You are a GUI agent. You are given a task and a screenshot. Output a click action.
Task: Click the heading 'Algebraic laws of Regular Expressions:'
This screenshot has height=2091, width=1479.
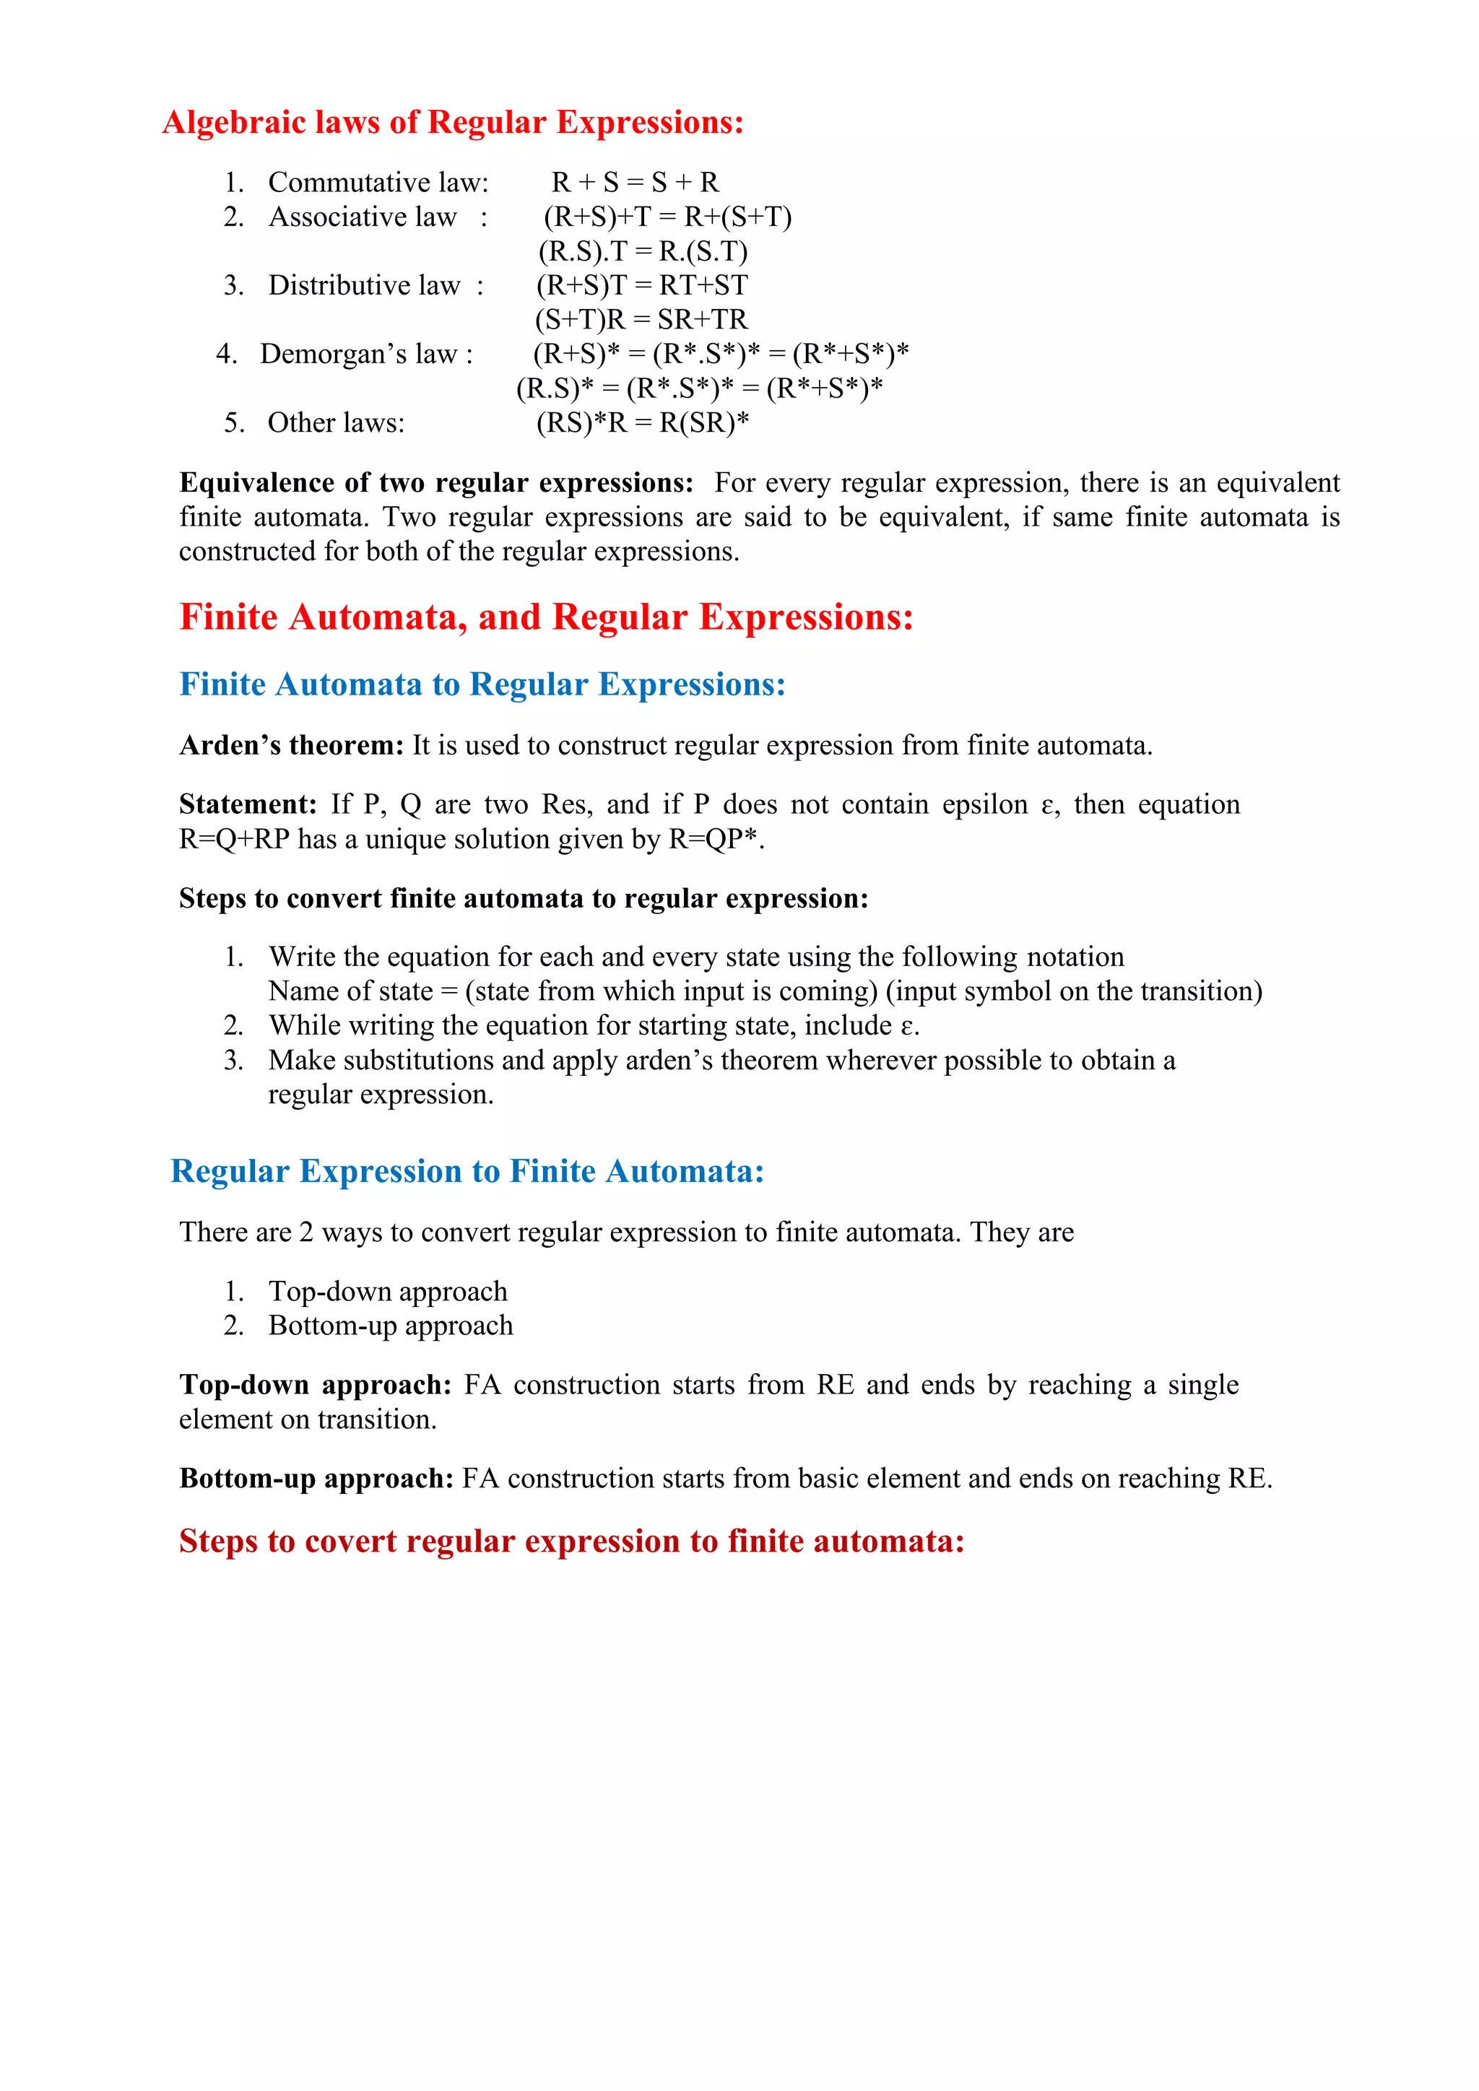(453, 122)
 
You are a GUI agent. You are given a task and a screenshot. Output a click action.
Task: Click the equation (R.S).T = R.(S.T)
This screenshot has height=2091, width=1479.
(642, 251)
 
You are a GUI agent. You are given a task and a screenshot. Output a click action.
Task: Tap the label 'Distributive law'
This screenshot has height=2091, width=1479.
(364, 286)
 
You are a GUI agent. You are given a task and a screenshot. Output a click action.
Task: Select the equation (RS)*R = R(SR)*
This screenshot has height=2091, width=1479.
(642, 422)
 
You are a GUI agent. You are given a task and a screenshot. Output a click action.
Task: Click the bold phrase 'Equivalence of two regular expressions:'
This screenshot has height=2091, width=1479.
(436, 483)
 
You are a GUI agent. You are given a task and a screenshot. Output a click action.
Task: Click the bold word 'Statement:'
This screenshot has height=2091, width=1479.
(248, 805)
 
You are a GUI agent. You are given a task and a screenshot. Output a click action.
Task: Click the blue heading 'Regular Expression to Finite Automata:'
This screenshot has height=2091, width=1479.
(467, 1171)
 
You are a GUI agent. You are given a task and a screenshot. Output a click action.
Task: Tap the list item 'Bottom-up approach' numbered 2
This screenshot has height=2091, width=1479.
(390, 1326)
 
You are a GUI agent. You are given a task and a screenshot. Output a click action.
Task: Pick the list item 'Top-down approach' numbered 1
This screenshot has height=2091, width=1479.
(387, 1292)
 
